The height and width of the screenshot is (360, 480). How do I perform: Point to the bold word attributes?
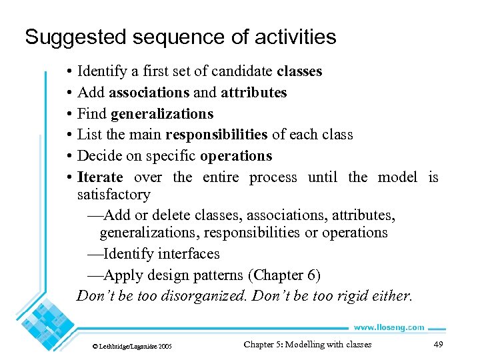click(x=254, y=92)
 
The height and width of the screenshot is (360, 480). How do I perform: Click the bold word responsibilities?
click(x=217, y=135)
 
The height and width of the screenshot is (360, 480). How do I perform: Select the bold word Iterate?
click(x=100, y=177)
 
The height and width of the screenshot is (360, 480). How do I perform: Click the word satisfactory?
click(x=114, y=195)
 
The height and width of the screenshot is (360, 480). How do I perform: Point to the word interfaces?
click(x=186, y=254)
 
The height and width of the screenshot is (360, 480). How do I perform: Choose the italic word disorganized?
click(x=203, y=296)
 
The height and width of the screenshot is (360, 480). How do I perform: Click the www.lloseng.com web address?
click(x=389, y=327)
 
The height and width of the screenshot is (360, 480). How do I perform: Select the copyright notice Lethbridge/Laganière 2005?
click(x=132, y=347)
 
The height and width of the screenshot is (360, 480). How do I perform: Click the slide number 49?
click(x=438, y=344)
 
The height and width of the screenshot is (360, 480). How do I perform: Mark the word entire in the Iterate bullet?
click(x=220, y=177)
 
